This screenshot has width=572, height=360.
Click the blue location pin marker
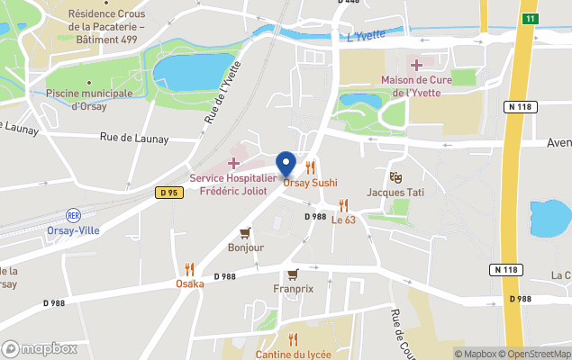pyautogui.click(x=286, y=164)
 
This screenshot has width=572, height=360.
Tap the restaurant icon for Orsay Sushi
pyautogui.click(x=311, y=167)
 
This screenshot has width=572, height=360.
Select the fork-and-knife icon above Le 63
pyautogui.click(x=343, y=205)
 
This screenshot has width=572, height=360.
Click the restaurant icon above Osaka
pyautogui.click(x=189, y=269)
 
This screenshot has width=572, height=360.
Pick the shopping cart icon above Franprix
pyautogui.click(x=293, y=274)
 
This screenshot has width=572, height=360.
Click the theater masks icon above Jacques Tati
pyautogui.click(x=395, y=177)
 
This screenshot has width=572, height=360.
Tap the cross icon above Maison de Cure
pyautogui.click(x=415, y=65)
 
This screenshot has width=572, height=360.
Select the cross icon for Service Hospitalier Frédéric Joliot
pyautogui.click(x=233, y=163)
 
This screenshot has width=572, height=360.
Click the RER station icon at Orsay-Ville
pyautogui.click(x=73, y=215)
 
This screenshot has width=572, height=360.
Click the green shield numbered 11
pyautogui.click(x=531, y=18)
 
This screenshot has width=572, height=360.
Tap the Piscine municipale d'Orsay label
pyautogui.click(x=88, y=99)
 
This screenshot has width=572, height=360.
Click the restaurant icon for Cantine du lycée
pyautogui.click(x=293, y=339)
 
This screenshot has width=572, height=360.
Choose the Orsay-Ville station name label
pyautogui.click(x=73, y=230)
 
